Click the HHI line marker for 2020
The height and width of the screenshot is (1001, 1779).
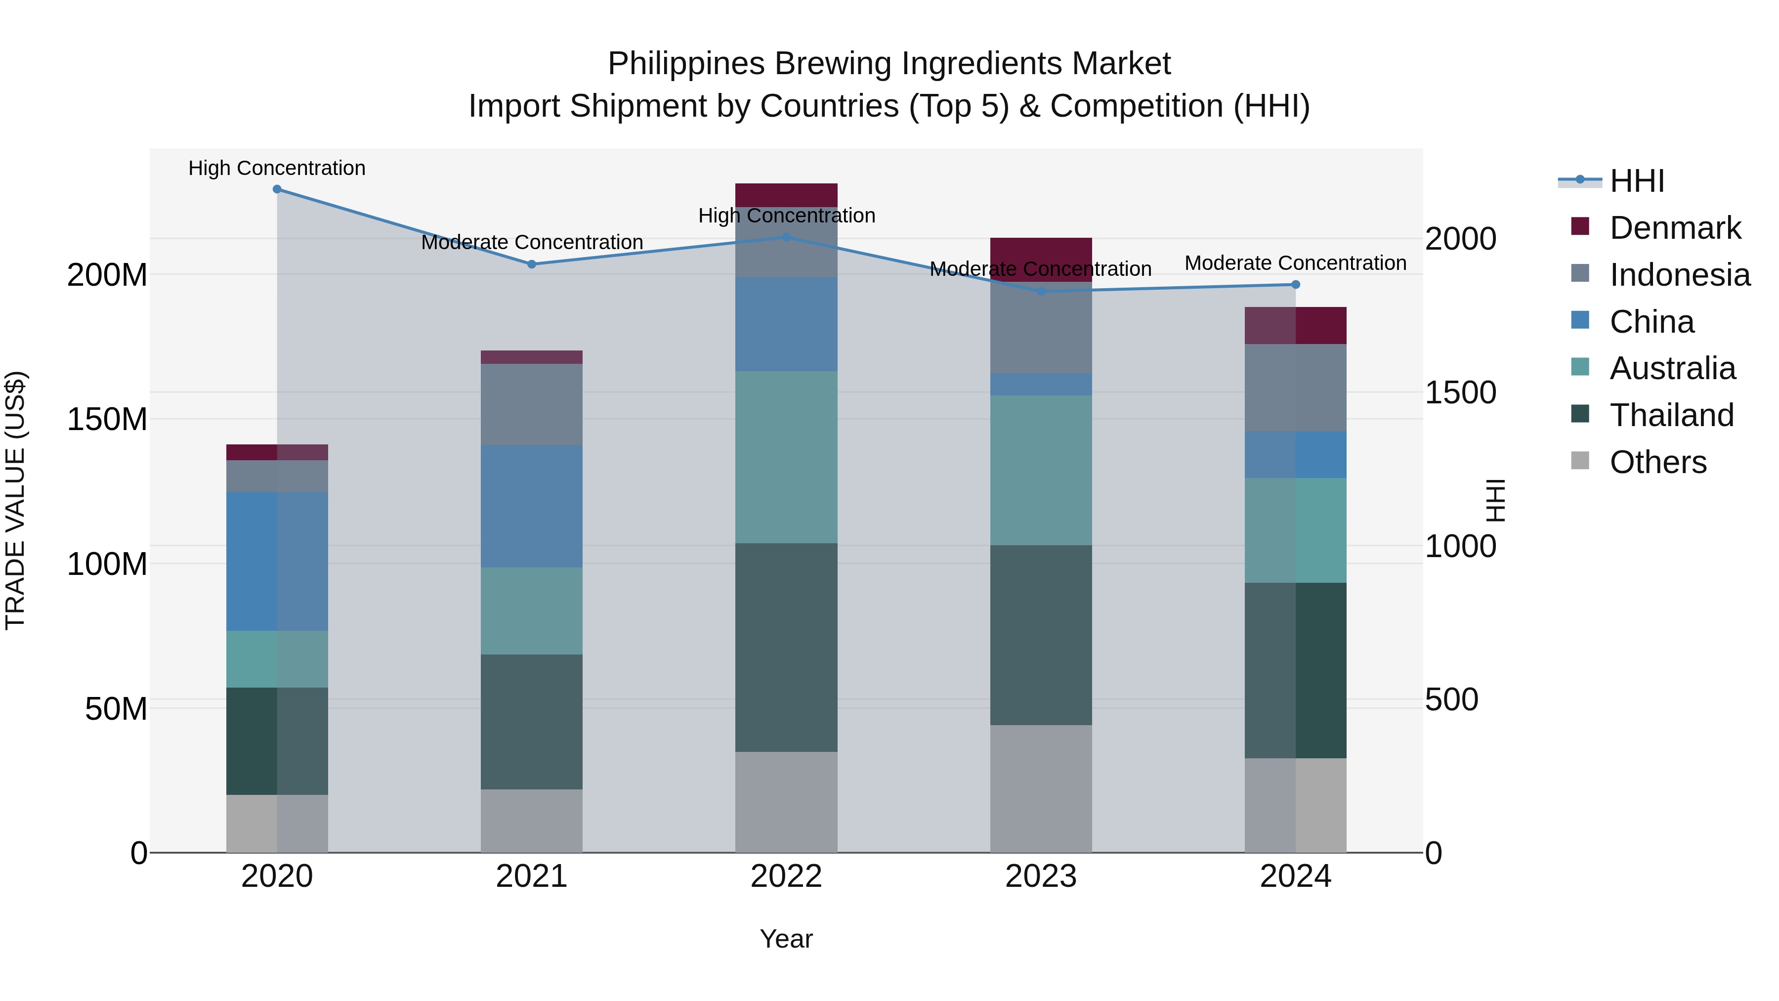277,189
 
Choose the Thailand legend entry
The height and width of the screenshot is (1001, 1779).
1671,415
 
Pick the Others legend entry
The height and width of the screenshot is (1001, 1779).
1657,462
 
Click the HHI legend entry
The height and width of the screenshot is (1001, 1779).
1637,181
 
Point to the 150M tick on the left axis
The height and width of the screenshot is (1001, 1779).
107,419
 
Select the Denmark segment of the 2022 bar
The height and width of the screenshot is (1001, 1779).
786,195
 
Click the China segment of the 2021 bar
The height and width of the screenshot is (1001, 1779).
531,506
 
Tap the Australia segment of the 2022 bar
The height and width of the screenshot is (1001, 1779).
786,457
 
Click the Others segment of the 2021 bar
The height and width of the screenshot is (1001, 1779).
531,821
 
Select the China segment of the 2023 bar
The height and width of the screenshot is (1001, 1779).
1041,385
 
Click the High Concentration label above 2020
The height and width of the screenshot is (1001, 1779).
277,169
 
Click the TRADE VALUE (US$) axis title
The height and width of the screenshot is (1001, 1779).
16,501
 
